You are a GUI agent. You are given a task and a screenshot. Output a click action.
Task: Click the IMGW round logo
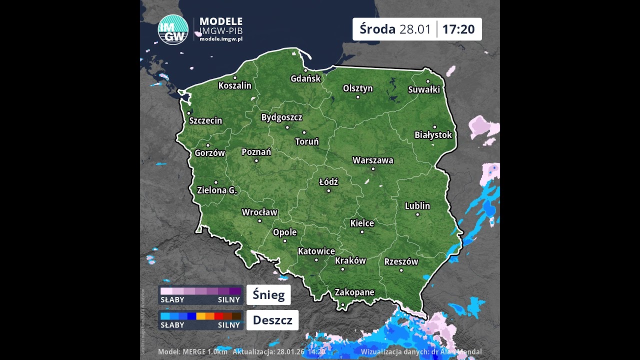click(x=173, y=30)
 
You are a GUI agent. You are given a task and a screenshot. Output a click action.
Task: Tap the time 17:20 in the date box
click(x=458, y=29)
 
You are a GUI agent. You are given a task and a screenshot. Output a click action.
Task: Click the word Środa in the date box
click(x=377, y=29)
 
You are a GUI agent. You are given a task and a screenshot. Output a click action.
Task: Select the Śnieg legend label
click(x=268, y=295)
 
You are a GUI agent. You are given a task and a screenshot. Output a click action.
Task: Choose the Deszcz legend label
click(x=272, y=320)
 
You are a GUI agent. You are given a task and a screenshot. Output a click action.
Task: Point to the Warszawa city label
click(x=373, y=160)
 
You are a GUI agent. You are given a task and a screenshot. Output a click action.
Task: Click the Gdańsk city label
click(x=305, y=78)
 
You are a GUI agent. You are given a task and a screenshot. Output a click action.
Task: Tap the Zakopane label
click(x=354, y=292)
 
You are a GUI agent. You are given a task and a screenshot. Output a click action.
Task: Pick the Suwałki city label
click(x=424, y=90)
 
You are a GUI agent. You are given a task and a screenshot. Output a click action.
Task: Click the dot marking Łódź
click(x=328, y=190)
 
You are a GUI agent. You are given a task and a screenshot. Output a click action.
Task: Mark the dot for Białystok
click(x=434, y=127)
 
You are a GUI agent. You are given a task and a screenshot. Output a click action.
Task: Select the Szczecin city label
click(x=205, y=120)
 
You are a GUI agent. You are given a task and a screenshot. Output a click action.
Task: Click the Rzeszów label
click(x=401, y=261)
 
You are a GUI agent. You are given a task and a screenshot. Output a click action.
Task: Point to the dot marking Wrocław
click(x=259, y=220)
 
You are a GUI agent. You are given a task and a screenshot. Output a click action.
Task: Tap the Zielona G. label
click(x=217, y=190)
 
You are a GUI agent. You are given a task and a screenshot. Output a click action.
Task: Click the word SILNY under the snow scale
click(x=229, y=300)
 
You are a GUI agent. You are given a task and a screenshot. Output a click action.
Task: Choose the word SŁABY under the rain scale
click(x=172, y=325)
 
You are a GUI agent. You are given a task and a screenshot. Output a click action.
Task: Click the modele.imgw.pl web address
click(x=221, y=39)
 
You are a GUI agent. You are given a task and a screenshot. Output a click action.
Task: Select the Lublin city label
click(x=417, y=206)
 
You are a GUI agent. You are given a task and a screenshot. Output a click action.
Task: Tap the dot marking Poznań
click(x=256, y=160)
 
